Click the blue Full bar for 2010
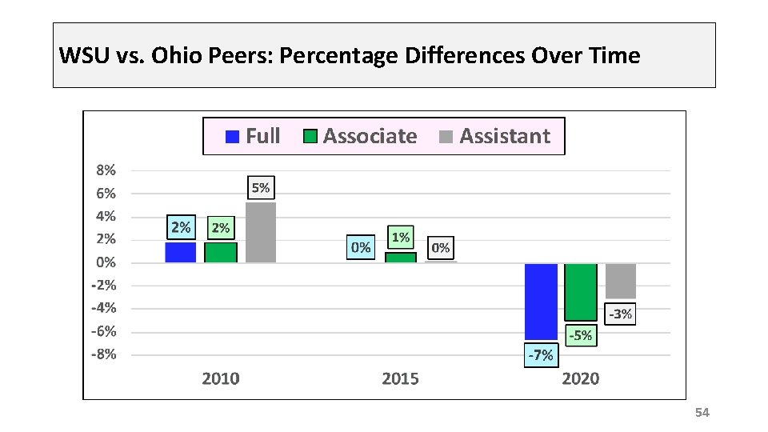click(x=180, y=252)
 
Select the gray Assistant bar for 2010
click(x=261, y=233)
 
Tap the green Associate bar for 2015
click(x=401, y=258)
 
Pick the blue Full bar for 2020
click(x=541, y=301)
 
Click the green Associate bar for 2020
click(x=581, y=292)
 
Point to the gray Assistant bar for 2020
click(x=621, y=281)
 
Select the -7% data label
click(x=540, y=355)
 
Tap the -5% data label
click(x=580, y=336)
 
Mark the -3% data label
click(x=620, y=314)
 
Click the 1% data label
click(x=401, y=238)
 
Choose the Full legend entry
click(x=254, y=136)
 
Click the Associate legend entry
click(x=361, y=136)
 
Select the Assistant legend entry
click(x=496, y=136)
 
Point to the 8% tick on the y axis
click(x=106, y=170)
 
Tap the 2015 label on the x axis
click(x=400, y=378)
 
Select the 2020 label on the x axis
click(x=581, y=378)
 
